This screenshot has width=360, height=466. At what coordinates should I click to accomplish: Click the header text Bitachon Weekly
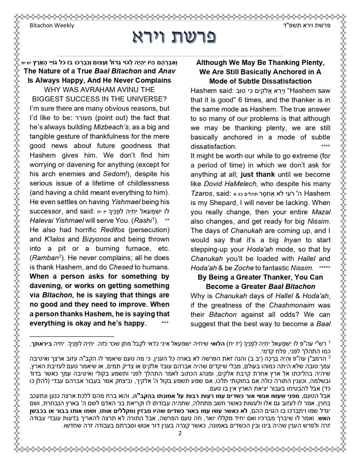(52, 26)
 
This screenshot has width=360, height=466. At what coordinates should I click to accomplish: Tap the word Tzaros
(201, 193)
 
